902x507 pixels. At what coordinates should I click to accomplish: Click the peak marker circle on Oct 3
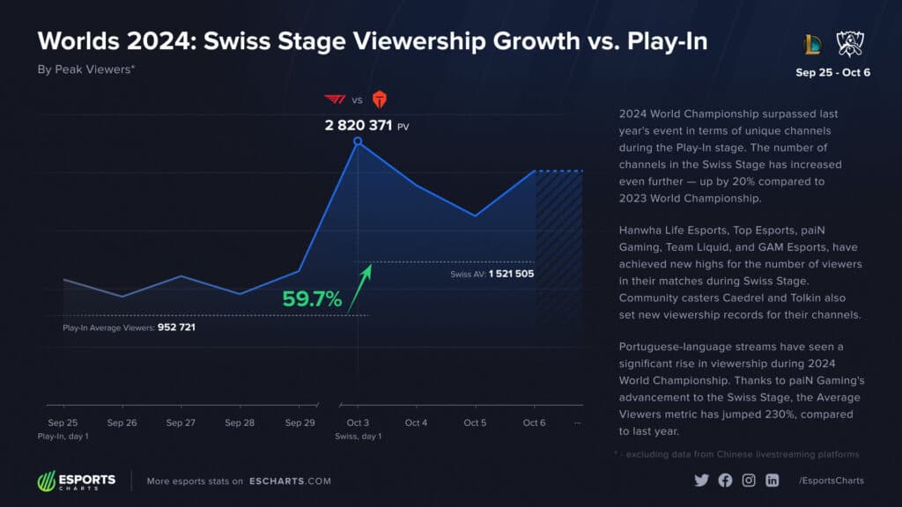pyautogui.click(x=358, y=141)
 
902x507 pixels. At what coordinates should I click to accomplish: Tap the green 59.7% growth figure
pyautogui.click(x=312, y=299)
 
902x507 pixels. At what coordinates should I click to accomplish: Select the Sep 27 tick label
pyautogui.click(x=181, y=423)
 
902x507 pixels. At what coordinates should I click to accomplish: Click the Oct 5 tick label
pyautogui.click(x=475, y=423)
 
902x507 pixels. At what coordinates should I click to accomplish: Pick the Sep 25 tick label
pyautogui.click(x=63, y=423)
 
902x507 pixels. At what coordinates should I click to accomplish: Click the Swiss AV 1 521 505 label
pyautogui.click(x=492, y=274)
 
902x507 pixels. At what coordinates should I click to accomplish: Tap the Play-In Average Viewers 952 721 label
pyautogui.click(x=129, y=327)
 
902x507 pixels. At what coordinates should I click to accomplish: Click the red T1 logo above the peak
pyautogui.click(x=335, y=99)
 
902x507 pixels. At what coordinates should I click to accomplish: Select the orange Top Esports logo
pyautogui.click(x=379, y=99)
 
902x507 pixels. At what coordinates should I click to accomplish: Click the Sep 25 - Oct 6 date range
pyautogui.click(x=832, y=72)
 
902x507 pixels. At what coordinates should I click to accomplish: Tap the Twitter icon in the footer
pyautogui.click(x=701, y=481)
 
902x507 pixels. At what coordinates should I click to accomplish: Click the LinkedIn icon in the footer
pyautogui.click(x=772, y=481)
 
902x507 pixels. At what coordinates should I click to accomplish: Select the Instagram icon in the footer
pyautogui.click(x=748, y=481)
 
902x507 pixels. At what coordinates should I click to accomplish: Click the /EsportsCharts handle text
pyautogui.click(x=831, y=481)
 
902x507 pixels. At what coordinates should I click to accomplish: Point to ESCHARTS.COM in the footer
pyautogui.click(x=290, y=481)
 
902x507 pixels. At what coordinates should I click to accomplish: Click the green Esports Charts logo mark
pyautogui.click(x=47, y=481)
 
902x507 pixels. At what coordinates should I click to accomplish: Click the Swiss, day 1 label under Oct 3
pyautogui.click(x=358, y=437)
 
